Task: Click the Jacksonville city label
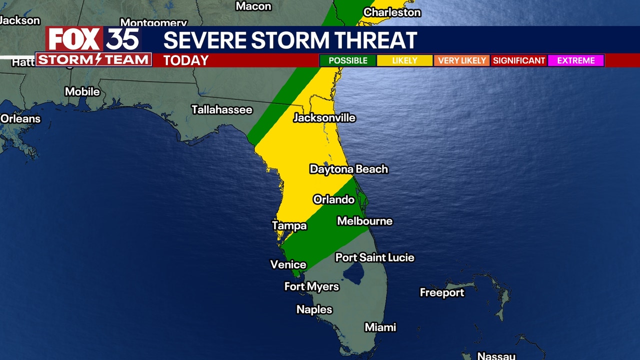click(x=324, y=118)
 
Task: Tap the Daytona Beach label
click(x=348, y=169)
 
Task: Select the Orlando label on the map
click(x=333, y=199)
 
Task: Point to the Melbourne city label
click(x=364, y=221)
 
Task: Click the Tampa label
click(x=289, y=226)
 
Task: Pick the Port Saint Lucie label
click(x=374, y=257)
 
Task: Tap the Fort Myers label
click(x=311, y=286)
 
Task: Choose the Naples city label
click(x=314, y=309)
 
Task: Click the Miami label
click(x=380, y=327)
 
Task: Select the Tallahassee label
click(x=222, y=110)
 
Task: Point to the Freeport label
click(x=442, y=292)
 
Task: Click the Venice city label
click(x=288, y=264)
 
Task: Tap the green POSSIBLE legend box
click(x=348, y=60)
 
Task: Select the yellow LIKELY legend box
click(x=404, y=60)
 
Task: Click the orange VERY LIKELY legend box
click(x=461, y=60)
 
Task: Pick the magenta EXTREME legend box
click(x=575, y=60)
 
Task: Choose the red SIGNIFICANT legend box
click(x=518, y=60)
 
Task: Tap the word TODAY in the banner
click(x=185, y=60)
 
